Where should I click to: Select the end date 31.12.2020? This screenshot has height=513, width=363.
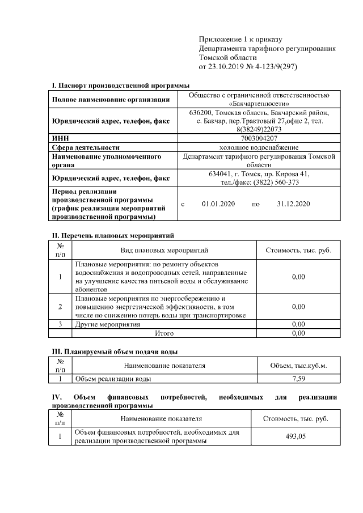[x=294, y=204]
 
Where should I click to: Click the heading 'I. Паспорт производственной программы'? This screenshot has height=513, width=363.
[x=120, y=85]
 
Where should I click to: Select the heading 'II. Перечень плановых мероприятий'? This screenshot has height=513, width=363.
[x=113, y=235]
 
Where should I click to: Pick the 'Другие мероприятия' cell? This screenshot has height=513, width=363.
[x=107, y=324]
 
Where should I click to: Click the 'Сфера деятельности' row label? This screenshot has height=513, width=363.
[x=86, y=146]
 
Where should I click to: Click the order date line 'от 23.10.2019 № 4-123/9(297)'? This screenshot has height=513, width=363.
[x=248, y=67]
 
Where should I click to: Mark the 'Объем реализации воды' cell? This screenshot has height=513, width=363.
[x=113, y=378]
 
